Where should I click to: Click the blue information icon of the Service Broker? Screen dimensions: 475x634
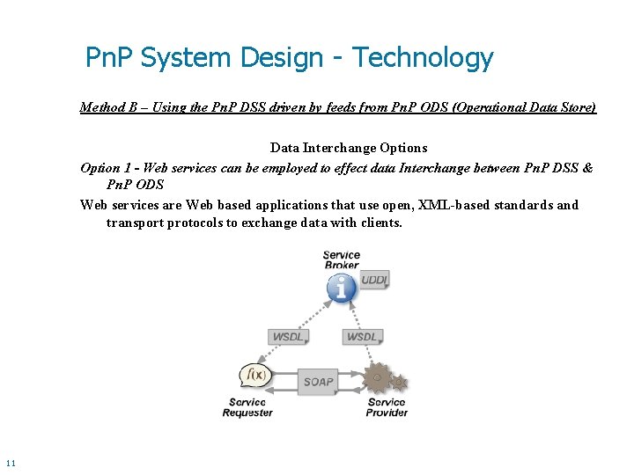pos(341,288)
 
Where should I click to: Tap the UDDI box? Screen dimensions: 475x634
pos(374,280)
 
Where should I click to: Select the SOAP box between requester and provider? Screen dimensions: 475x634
pos(318,382)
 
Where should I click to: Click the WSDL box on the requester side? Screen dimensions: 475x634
pos(287,337)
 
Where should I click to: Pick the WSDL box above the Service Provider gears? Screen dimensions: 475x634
pos(361,337)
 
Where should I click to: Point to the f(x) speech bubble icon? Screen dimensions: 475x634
pos(256,376)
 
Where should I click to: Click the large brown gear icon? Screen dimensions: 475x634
pos(378,378)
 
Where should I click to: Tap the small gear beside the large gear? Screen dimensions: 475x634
pos(400,383)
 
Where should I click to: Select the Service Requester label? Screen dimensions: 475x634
pos(247,407)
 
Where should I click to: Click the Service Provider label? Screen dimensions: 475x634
pos(387,407)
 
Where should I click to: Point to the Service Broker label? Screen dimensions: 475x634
pos(342,260)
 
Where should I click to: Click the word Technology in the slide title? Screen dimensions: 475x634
pos(423,58)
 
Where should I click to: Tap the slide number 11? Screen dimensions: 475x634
pos(11,463)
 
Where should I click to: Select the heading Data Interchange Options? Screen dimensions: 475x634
pos(349,148)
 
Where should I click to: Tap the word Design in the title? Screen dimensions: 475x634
pos(283,58)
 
